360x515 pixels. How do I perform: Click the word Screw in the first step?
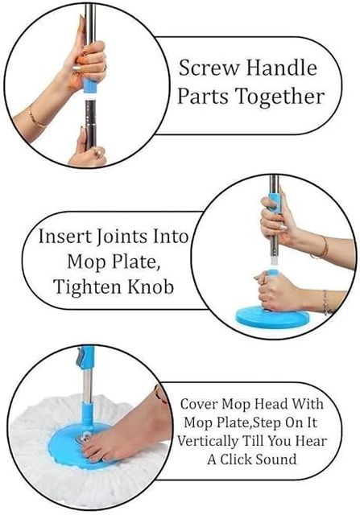pyautogui.click(x=209, y=68)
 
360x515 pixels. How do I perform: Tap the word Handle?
pyautogui.click(x=282, y=68)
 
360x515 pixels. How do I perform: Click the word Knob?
pyautogui.click(x=151, y=286)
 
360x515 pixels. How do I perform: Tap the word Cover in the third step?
pyautogui.click(x=200, y=404)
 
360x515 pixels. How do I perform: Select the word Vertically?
pyautogui.click(x=208, y=441)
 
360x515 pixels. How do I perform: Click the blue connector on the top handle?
pyautogui.click(x=89, y=86)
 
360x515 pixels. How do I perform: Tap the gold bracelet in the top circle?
pyautogui.click(x=35, y=118)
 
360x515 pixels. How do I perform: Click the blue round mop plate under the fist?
pyautogui.click(x=272, y=316)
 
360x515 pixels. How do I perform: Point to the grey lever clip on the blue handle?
pyautogui.click(x=80, y=358)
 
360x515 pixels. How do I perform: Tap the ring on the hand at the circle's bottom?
pyautogui.click(x=98, y=152)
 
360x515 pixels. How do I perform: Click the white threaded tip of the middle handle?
pyautogui.click(x=272, y=261)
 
